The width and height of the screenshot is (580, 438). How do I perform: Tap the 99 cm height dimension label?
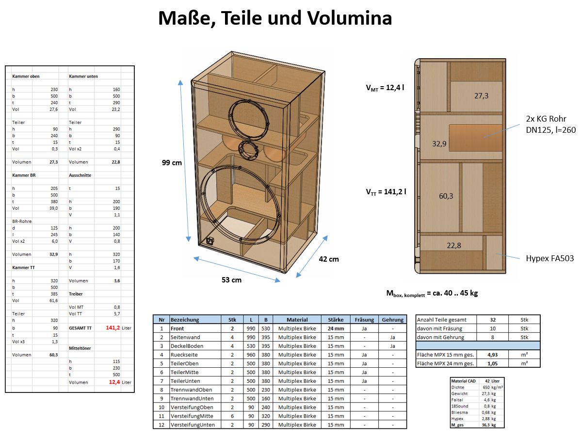(x=172, y=163)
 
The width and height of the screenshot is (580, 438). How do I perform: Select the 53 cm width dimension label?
(x=232, y=280)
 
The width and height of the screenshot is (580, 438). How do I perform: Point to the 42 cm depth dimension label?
(x=329, y=259)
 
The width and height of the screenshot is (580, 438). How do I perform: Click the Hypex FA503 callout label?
(x=549, y=258)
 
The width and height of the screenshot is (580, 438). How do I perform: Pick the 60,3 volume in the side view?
(x=446, y=196)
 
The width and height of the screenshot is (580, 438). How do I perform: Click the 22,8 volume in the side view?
(x=453, y=246)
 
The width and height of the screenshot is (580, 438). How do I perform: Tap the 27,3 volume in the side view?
(x=481, y=96)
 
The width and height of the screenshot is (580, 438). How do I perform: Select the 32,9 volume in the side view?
(x=439, y=143)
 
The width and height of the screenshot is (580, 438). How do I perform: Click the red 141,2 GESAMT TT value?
(x=113, y=328)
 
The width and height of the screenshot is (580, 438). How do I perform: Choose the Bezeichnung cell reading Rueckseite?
(x=185, y=355)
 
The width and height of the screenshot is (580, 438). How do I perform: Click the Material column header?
(x=297, y=320)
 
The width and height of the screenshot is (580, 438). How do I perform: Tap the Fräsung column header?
(x=364, y=320)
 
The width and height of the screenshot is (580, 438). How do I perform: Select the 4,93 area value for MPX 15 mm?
(x=492, y=355)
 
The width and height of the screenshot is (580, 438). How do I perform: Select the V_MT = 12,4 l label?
(x=385, y=88)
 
